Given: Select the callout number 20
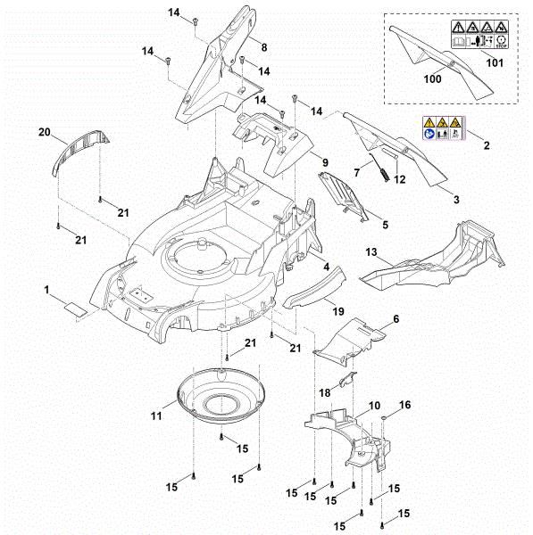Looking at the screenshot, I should tap(44, 133).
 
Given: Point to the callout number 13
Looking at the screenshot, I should tap(371, 253).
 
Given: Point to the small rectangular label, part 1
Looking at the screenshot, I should tap(75, 308).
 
